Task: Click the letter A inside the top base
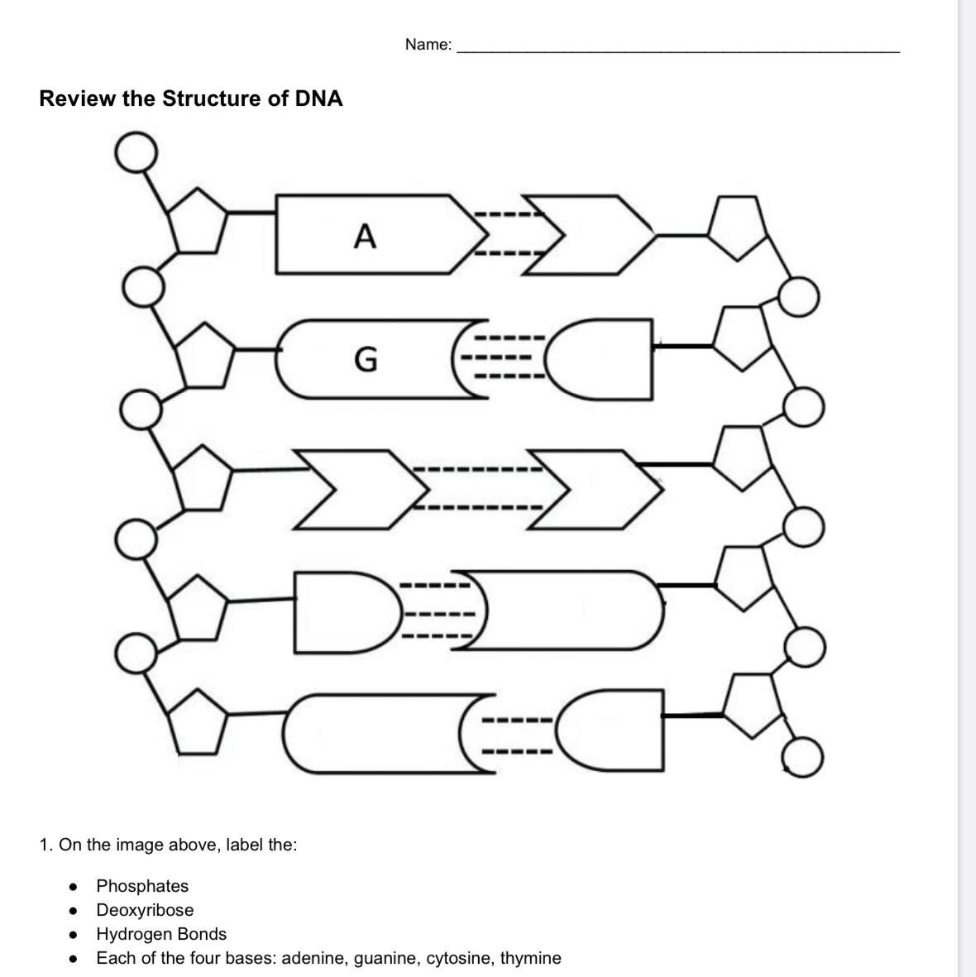tap(365, 237)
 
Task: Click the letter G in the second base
tap(365, 359)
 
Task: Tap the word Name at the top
tap(428, 45)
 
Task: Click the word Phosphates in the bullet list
tap(142, 886)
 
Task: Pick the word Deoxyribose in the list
tap(145, 910)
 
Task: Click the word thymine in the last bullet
tap(530, 958)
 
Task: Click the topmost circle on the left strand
tap(136, 152)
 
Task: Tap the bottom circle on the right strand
tap(802, 757)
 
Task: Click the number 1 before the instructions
tap(44, 845)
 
